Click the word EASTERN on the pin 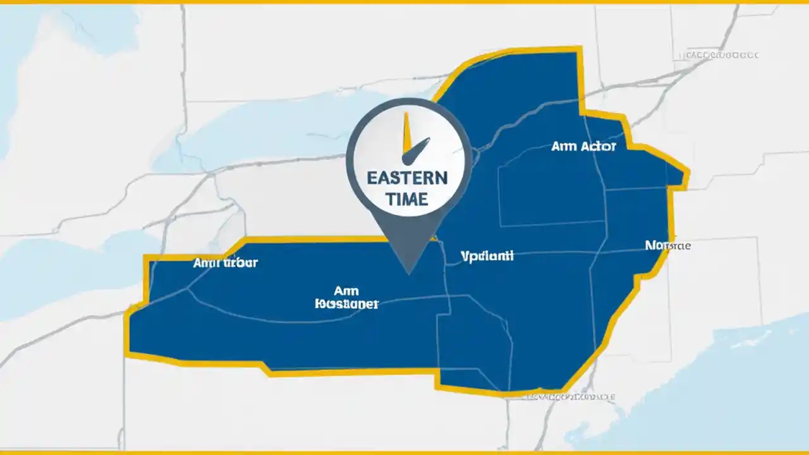pos(407,178)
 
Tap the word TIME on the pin pos(407,199)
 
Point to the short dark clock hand pos(418,150)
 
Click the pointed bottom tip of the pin pos(410,273)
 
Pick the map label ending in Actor pos(583,146)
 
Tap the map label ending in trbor pos(225,263)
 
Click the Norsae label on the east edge pos(667,245)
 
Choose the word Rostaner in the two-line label pos(346,304)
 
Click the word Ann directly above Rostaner pos(346,291)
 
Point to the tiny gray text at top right pos(721,56)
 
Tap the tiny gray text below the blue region pos(572,397)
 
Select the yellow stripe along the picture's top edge pos(404,2)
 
